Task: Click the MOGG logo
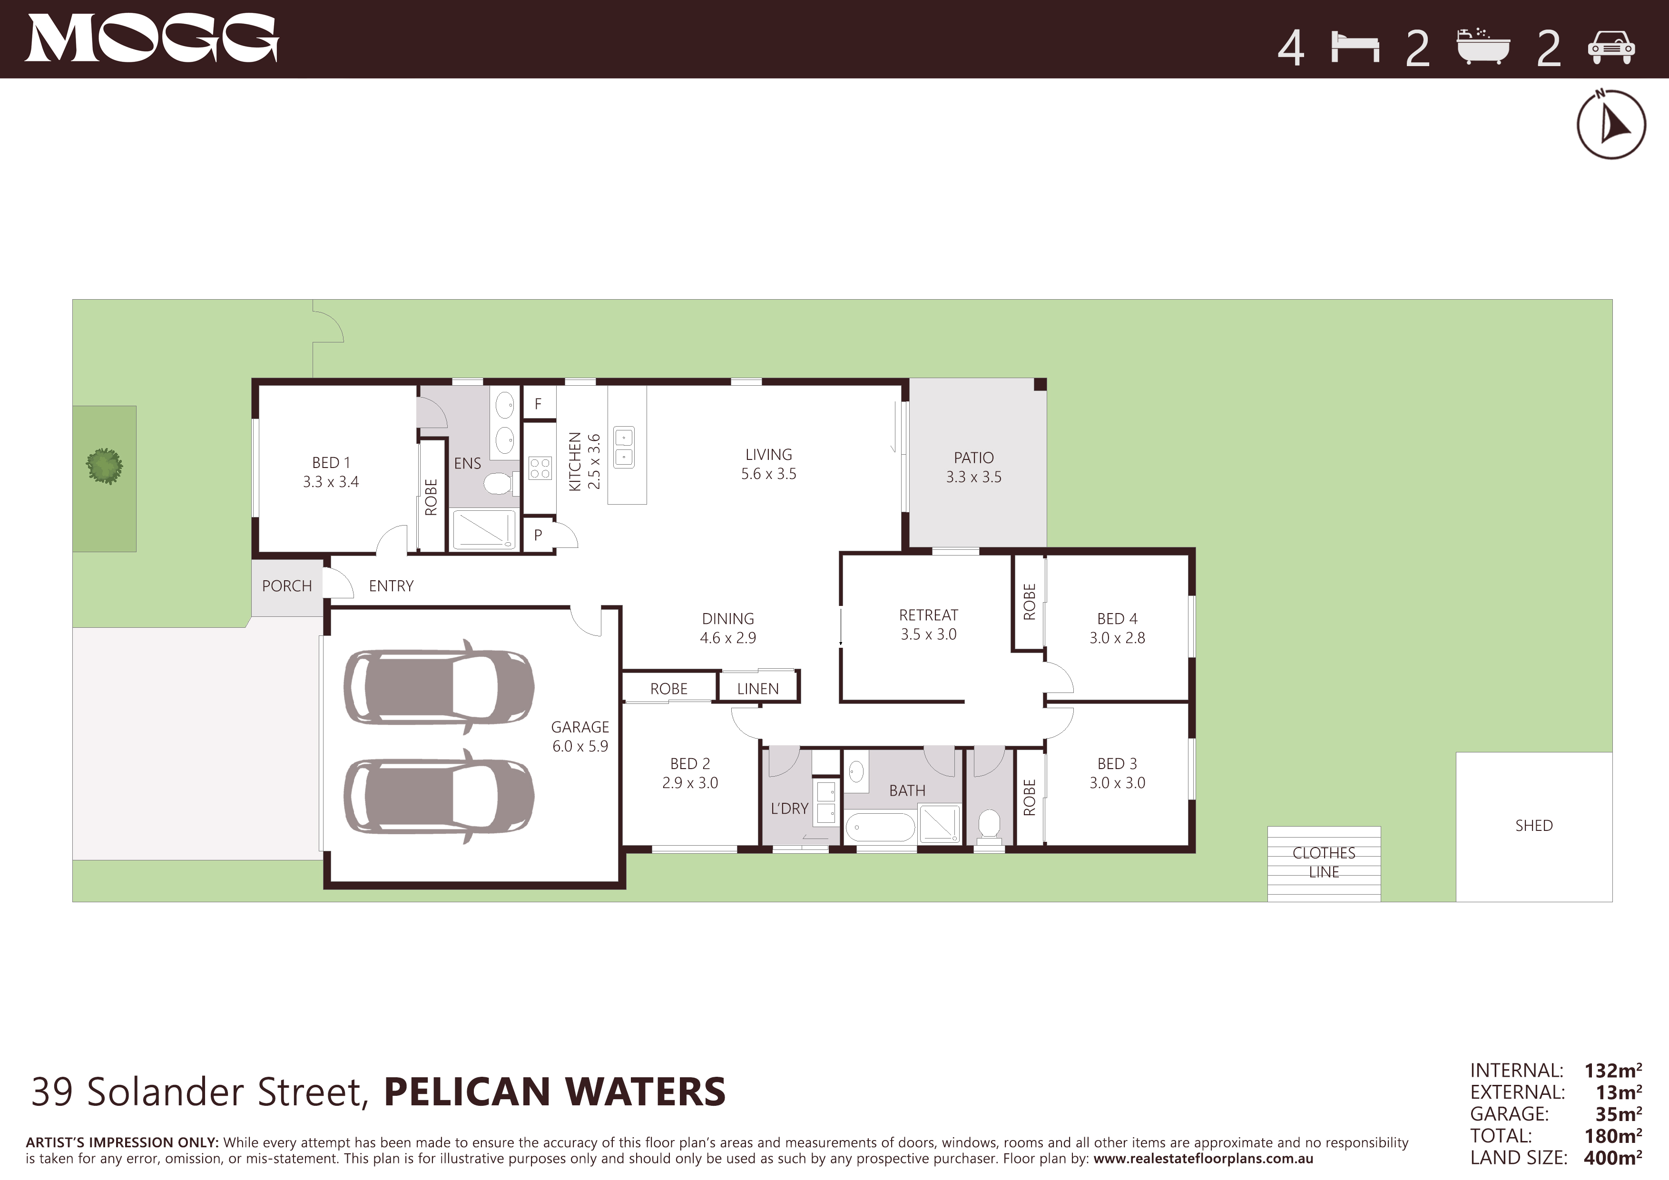click(152, 39)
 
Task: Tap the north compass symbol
click(1611, 124)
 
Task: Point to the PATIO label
click(973, 458)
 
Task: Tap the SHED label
click(1534, 825)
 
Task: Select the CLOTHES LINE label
click(1324, 862)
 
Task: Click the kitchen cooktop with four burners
click(540, 468)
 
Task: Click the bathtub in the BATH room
click(880, 828)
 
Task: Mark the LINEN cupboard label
click(757, 689)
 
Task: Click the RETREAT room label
click(928, 614)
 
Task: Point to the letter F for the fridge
click(538, 404)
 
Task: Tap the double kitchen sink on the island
click(624, 447)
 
